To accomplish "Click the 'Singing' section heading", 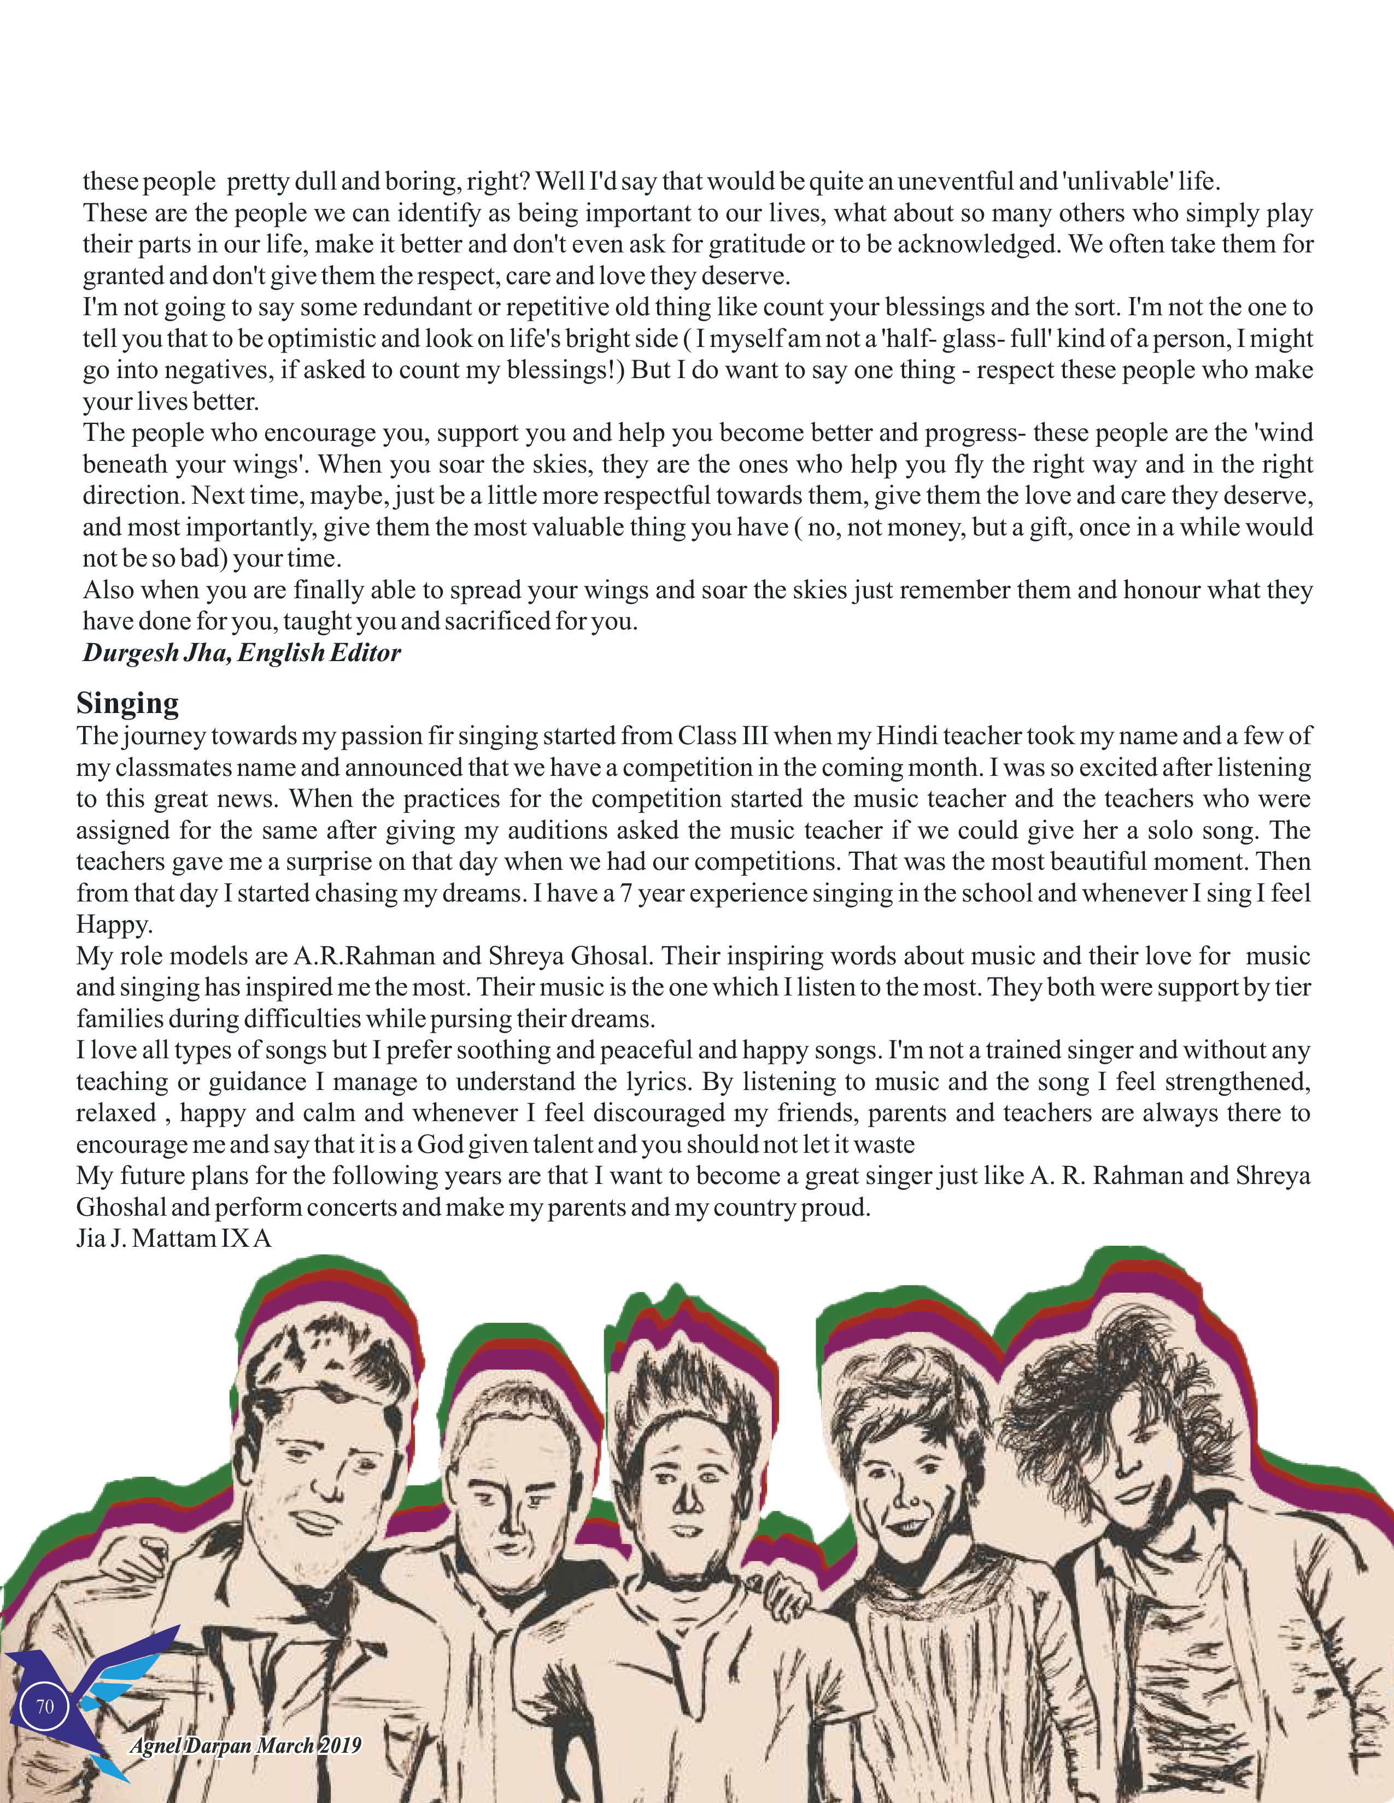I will tap(127, 703).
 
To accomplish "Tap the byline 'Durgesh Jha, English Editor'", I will tap(241, 653).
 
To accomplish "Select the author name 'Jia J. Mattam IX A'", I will tap(173, 1238).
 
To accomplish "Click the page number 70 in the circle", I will tap(45, 1706).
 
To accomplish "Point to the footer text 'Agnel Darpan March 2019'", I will tap(245, 1745).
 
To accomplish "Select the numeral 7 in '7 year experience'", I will tap(627, 893).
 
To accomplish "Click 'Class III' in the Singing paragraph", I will tap(723, 735).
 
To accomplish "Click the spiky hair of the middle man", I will tap(686, 1378).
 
